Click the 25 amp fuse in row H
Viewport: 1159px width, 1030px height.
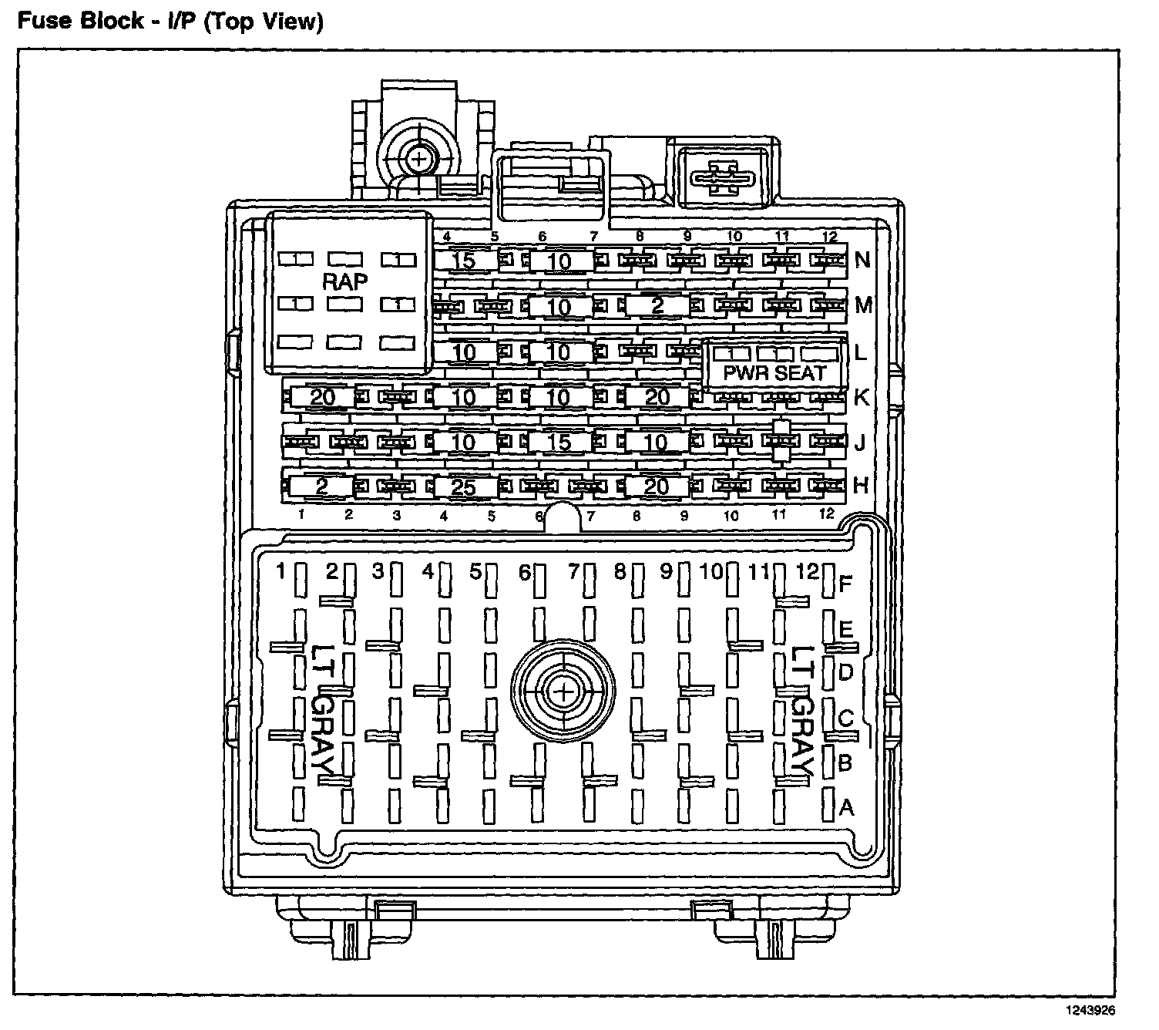pos(463,486)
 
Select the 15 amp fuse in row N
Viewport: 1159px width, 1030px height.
pos(465,261)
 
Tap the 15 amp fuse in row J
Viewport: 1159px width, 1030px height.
pos(560,442)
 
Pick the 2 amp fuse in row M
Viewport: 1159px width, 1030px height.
pos(656,306)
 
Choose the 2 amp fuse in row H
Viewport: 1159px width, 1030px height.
pos(321,486)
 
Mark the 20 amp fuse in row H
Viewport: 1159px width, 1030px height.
pos(656,486)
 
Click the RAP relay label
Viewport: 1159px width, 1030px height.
pos(345,281)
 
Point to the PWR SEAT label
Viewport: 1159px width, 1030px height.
pos(774,373)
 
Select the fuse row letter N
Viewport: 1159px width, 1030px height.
pos(862,260)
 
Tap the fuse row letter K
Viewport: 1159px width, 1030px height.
pos(862,397)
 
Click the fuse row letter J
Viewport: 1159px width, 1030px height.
pos(860,443)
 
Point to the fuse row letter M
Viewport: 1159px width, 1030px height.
pos(864,305)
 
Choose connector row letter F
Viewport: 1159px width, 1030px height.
pos(846,584)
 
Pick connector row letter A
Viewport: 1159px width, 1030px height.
pos(847,807)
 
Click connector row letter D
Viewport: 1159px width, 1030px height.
pos(846,672)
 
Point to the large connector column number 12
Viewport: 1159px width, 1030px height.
pos(806,571)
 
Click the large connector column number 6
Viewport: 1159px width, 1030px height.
pos(525,573)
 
